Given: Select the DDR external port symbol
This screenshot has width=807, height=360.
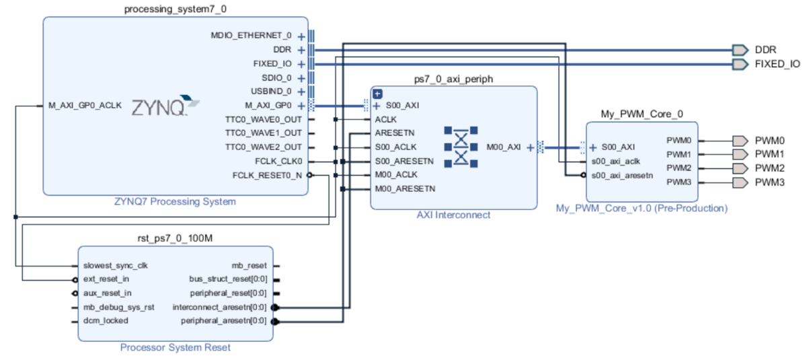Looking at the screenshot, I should click(740, 50).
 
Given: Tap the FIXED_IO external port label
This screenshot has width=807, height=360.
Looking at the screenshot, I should click(777, 65).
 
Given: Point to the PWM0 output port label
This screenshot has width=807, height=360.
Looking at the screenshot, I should click(769, 141).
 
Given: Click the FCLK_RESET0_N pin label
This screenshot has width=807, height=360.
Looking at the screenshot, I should click(268, 176).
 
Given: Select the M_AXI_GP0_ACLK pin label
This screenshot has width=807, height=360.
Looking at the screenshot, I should click(85, 106).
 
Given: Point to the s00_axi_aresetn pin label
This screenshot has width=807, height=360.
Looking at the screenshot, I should click(622, 175).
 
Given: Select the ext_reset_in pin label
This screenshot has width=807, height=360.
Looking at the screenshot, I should click(106, 279).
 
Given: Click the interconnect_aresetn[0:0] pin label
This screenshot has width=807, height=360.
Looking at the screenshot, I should click(219, 307).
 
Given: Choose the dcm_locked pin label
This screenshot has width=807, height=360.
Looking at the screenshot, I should click(106, 320).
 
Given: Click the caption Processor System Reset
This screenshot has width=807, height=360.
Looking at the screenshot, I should click(175, 348).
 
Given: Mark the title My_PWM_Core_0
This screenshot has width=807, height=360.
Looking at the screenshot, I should click(642, 114).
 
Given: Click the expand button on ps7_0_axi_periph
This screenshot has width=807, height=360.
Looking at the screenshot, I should click(377, 94).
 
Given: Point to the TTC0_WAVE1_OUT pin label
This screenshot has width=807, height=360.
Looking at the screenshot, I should click(264, 133).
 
